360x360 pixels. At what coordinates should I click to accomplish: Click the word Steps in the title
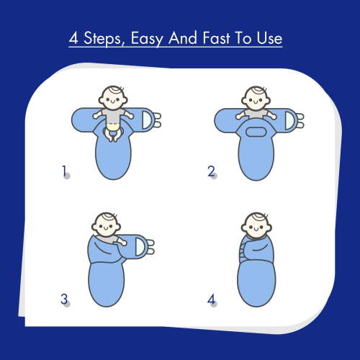pyautogui.click(x=103, y=38)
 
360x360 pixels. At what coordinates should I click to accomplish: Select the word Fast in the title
pyautogui.click(x=216, y=38)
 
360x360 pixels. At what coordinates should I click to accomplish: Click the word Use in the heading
pyautogui.click(x=269, y=39)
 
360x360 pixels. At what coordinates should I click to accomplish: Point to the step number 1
pyautogui.click(x=64, y=171)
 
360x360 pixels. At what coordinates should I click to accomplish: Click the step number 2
pyautogui.click(x=211, y=171)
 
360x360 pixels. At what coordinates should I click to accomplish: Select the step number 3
pyautogui.click(x=64, y=299)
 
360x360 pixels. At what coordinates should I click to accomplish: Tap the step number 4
pyautogui.click(x=211, y=300)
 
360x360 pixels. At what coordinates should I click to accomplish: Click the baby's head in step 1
pyautogui.click(x=113, y=98)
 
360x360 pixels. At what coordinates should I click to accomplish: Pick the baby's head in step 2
pyautogui.click(x=256, y=99)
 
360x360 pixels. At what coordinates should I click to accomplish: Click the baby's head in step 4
pyautogui.click(x=256, y=225)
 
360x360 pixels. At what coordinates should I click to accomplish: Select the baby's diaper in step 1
pyautogui.click(x=113, y=126)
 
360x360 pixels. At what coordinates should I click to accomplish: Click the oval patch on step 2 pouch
pyautogui.click(x=256, y=132)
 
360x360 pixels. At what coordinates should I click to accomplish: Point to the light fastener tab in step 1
pyautogui.click(x=148, y=120)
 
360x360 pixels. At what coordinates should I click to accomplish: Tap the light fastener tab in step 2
pyautogui.click(x=290, y=121)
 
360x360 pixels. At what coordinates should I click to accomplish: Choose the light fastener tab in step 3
pyautogui.click(x=140, y=247)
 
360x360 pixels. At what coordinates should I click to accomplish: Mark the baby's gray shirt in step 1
pyautogui.click(x=113, y=115)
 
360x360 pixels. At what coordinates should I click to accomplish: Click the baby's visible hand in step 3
pyautogui.click(x=123, y=243)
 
